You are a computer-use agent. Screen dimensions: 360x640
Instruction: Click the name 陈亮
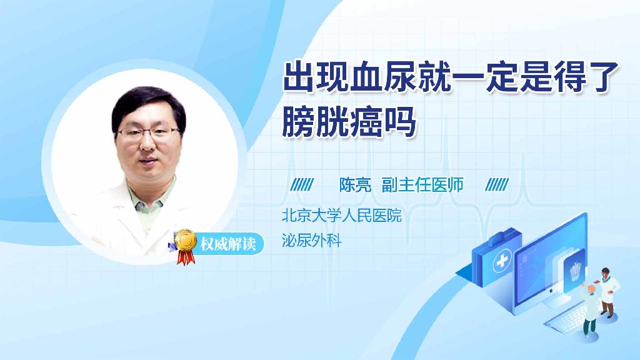355,185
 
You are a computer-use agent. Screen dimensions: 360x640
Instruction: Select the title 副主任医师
422,185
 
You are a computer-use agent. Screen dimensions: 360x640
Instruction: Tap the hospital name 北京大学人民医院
341,216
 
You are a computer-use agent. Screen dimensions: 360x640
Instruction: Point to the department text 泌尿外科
312,240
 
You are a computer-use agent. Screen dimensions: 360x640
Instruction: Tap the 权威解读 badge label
227,243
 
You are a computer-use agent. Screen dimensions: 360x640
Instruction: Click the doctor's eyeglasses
148,132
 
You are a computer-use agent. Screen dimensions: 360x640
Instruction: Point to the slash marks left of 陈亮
302,185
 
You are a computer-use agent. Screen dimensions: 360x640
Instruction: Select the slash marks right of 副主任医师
497,185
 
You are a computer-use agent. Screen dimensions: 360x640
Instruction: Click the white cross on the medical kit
501,263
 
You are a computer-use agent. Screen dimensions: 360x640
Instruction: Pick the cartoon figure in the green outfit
591,312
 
